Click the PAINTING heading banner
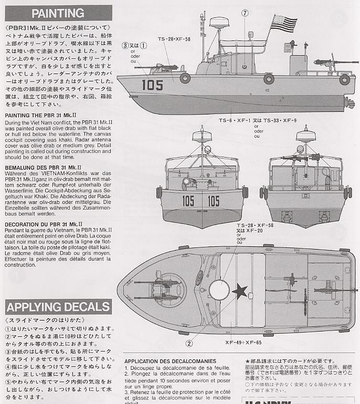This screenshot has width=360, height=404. [x=58, y=13]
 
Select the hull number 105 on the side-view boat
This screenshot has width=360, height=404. [x=152, y=85]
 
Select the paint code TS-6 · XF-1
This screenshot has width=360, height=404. [x=235, y=120]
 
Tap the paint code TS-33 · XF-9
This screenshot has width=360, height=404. [x=282, y=120]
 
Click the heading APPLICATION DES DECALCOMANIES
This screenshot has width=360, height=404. [x=170, y=361]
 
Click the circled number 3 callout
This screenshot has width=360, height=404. [x=125, y=45]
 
